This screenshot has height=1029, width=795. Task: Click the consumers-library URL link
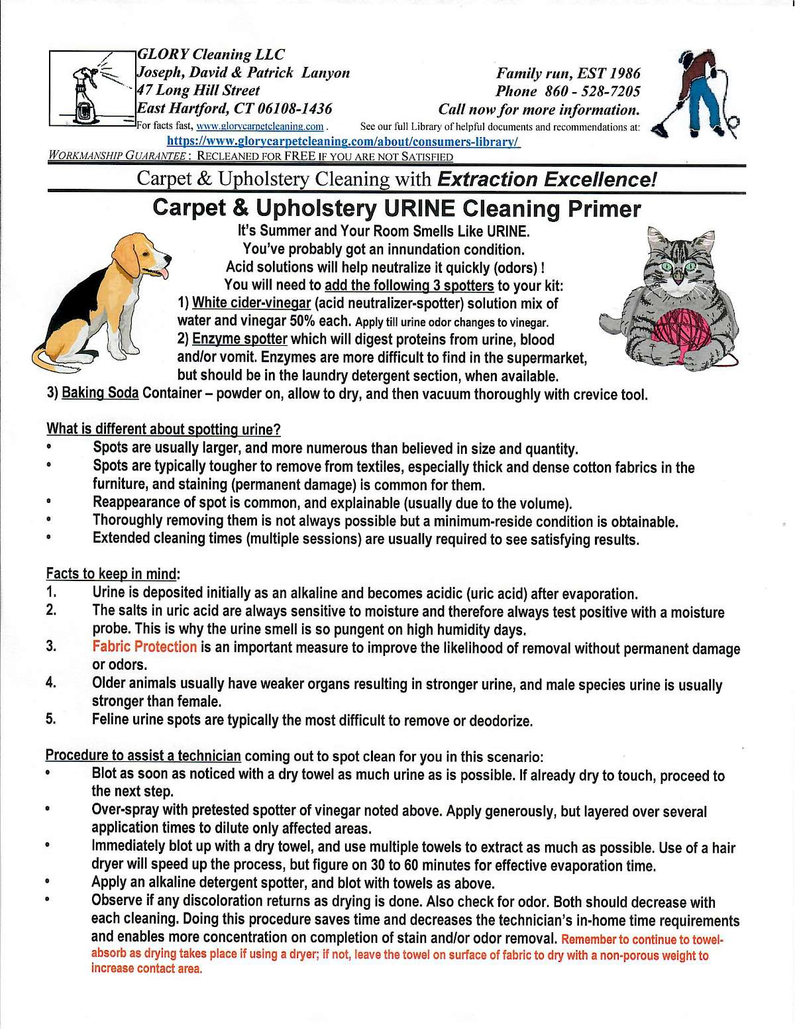coord(343,141)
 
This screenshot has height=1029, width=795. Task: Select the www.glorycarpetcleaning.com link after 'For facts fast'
coord(260,126)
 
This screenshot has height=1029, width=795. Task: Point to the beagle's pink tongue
coord(162,274)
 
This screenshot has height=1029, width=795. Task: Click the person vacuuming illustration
coord(696,93)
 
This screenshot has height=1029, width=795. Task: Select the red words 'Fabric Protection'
coord(144,647)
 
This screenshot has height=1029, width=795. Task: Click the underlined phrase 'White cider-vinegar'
coord(251,303)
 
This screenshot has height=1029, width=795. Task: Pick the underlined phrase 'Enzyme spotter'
coord(239,339)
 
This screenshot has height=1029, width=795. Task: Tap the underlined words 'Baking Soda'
coord(100,393)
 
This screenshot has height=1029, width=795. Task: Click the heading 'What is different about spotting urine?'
coord(163,429)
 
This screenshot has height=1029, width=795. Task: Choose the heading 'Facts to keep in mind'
coord(111,573)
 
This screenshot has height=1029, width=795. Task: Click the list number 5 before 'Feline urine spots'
coord(51,719)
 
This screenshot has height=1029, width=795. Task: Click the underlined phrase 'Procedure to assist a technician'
coord(143,755)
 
